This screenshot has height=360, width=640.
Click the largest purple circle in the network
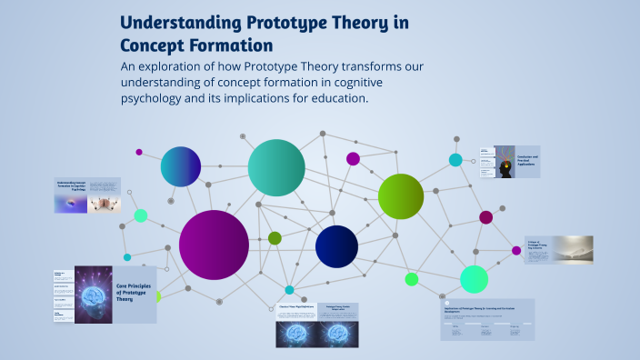(x=214, y=245)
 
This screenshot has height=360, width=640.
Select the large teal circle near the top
(x=276, y=167)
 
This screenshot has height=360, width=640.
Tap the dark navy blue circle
(x=336, y=246)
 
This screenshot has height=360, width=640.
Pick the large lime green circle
(x=401, y=196)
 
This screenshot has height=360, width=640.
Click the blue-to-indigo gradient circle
(x=180, y=166)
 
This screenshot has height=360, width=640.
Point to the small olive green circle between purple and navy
(x=275, y=238)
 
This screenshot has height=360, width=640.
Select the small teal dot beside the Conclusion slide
(x=455, y=160)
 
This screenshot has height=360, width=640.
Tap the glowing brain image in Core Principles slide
(x=92, y=295)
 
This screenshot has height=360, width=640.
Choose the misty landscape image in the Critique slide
(x=571, y=249)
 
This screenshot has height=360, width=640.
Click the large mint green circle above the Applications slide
(x=474, y=279)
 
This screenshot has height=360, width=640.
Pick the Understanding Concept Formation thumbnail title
(x=71, y=185)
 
